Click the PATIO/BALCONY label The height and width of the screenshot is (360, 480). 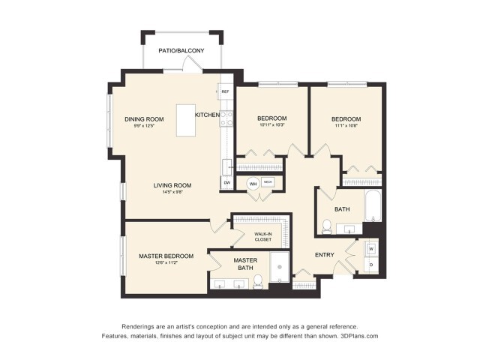click(181, 51)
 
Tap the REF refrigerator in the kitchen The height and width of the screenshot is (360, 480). click(224, 91)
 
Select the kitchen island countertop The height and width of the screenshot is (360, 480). click(187, 120)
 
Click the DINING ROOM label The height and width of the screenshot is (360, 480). click(144, 119)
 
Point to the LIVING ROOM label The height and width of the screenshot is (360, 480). click(172, 185)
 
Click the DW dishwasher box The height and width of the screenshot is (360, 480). click(226, 182)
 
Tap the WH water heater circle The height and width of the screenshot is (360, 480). click(253, 182)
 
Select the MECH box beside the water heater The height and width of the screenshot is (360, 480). click(268, 182)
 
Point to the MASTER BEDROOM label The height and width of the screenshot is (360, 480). click(166, 256)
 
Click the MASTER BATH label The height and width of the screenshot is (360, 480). click(245, 264)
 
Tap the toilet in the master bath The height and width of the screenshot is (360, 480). click(257, 280)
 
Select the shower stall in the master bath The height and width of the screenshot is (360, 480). click(279, 268)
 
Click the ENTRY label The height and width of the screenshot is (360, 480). click(325, 255)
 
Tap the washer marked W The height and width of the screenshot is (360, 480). click(371, 247)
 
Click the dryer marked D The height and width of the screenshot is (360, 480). click(371, 265)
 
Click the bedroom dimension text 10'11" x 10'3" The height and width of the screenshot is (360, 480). click(271, 126)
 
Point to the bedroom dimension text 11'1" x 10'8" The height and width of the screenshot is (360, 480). click(346, 126)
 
